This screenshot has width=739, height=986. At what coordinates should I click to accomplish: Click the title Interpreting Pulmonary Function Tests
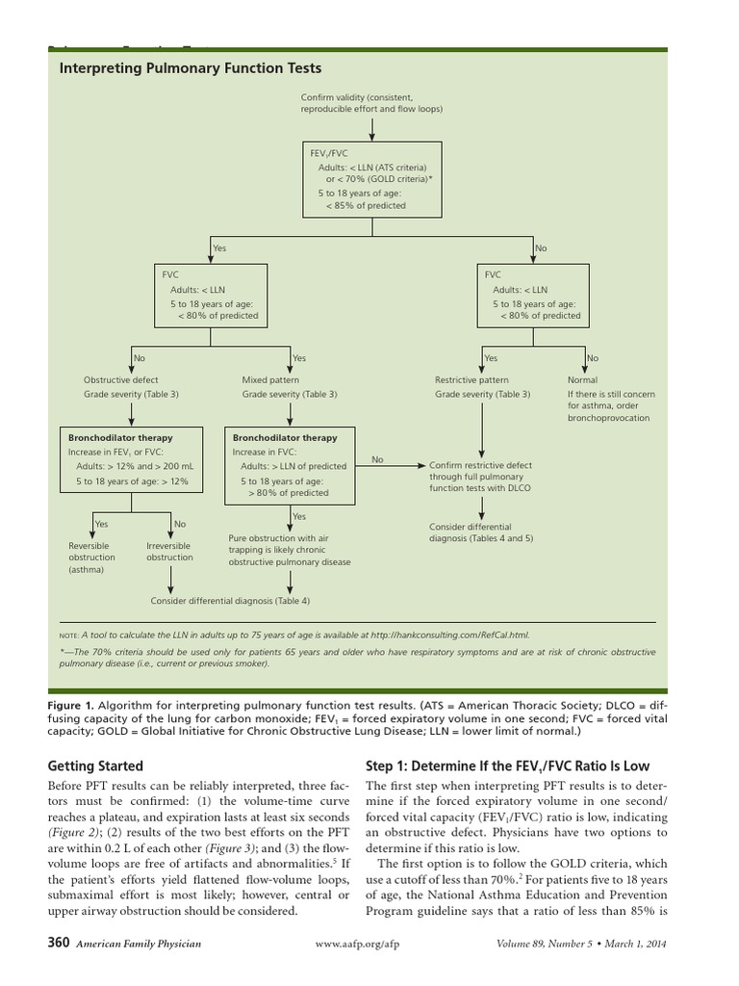pos(191,68)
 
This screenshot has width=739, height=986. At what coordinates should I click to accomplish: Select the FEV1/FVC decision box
pos(371,178)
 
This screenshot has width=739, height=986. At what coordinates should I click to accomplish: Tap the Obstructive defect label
pos(121,380)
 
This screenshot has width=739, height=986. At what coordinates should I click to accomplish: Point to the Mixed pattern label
pos(270,380)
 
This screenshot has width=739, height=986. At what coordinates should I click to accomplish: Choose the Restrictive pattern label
pos(471,380)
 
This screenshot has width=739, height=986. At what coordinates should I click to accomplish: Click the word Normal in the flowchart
pos(582,380)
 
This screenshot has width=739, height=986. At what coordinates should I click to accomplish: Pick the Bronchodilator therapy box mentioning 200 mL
pos(131,459)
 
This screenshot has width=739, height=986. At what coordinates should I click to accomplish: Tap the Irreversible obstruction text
pos(169,552)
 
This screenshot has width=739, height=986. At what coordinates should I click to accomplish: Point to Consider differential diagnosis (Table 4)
pos(230,601)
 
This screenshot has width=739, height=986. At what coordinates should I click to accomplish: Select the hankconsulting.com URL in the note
pos(449,635)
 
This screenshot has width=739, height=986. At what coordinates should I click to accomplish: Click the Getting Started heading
pos(95,766)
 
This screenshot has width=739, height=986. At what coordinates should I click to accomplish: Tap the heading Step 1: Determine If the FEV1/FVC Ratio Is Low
pos(507,766)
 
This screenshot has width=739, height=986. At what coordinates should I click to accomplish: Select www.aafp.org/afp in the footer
pos(357,945)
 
